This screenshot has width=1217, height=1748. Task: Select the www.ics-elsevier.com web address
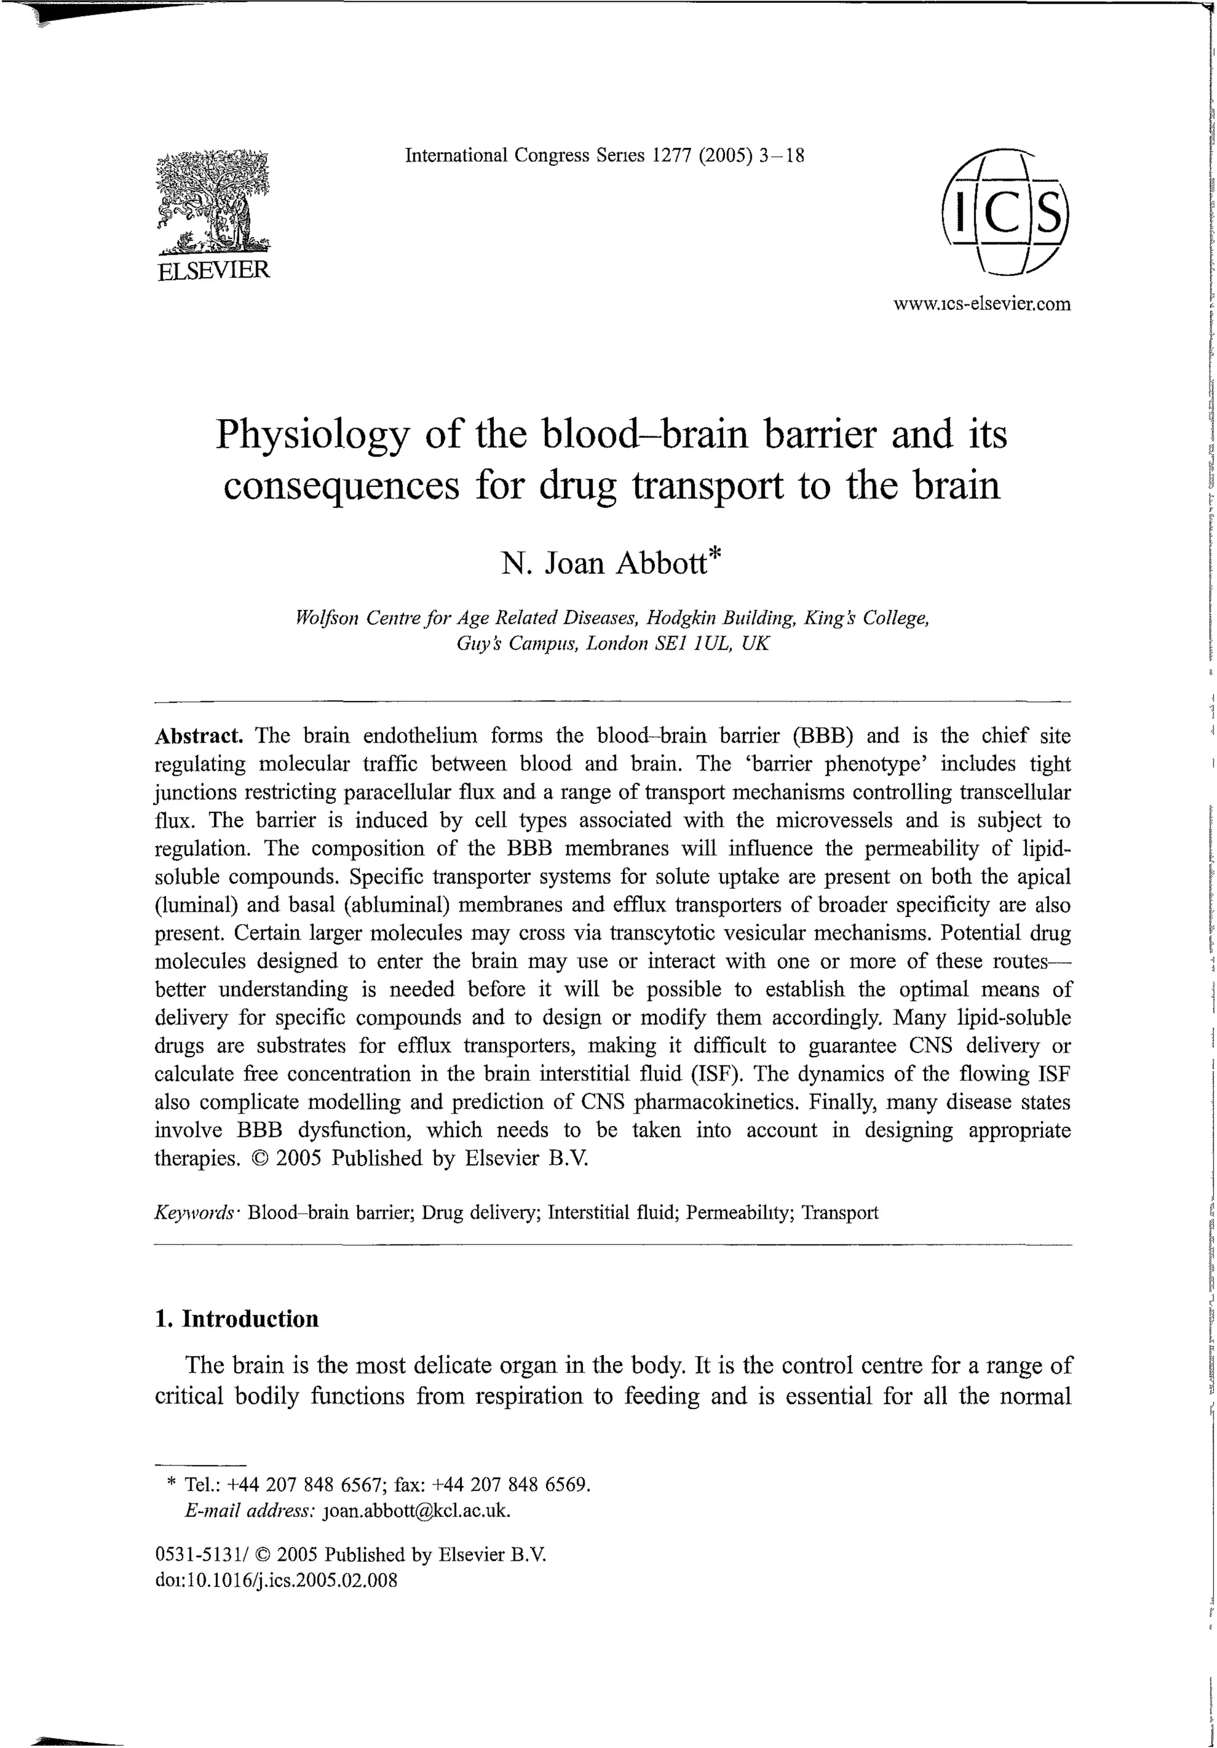[982, 304]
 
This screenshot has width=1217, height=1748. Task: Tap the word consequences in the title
[342, 486]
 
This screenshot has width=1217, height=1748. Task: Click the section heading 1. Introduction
[237, 1319]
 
